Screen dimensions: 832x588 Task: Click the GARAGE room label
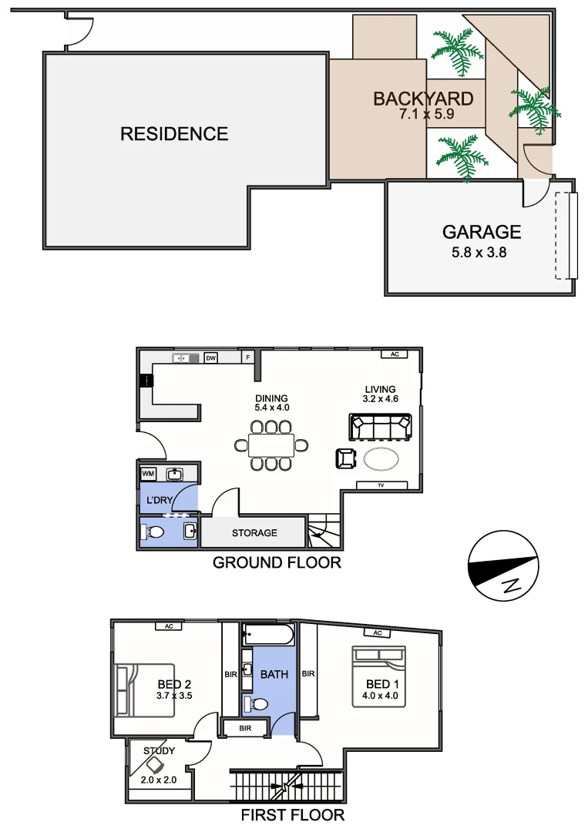tap(481, 232)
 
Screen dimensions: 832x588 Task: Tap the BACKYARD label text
tap(422, 99)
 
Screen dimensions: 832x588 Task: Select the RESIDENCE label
tap(174, 134)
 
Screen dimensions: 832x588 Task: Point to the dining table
tap(271, 445)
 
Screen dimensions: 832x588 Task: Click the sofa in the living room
tap(380, 425)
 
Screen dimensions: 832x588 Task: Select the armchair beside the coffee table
tap(344, 458)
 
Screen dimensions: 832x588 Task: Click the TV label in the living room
tap(381, 485)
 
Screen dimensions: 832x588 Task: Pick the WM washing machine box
tap(149, 473)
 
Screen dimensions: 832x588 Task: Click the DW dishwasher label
tap(210, 357)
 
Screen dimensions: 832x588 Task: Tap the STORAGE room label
tap(254, 533)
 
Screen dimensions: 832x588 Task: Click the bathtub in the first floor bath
tap(267, 636)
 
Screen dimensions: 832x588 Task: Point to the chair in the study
tap(156, 764)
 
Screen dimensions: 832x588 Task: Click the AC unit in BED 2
tap(168, 626)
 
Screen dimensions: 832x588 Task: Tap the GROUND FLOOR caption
tap(277, 562)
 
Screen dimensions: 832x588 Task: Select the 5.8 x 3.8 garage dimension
tap(481, 251)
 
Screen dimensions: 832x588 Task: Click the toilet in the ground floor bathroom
tap(155, 532)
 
